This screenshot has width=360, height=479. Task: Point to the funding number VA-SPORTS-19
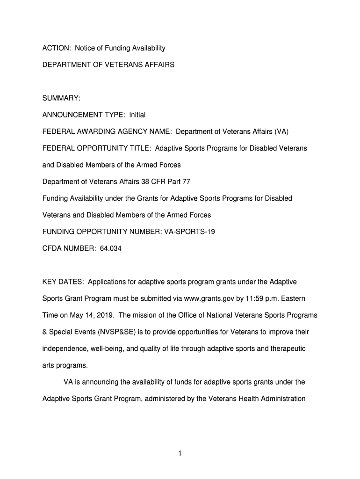click(x=189, y=232)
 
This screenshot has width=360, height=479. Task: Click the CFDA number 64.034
click(x=110, y=248)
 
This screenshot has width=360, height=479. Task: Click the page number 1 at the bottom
click(x=180, y=453)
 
